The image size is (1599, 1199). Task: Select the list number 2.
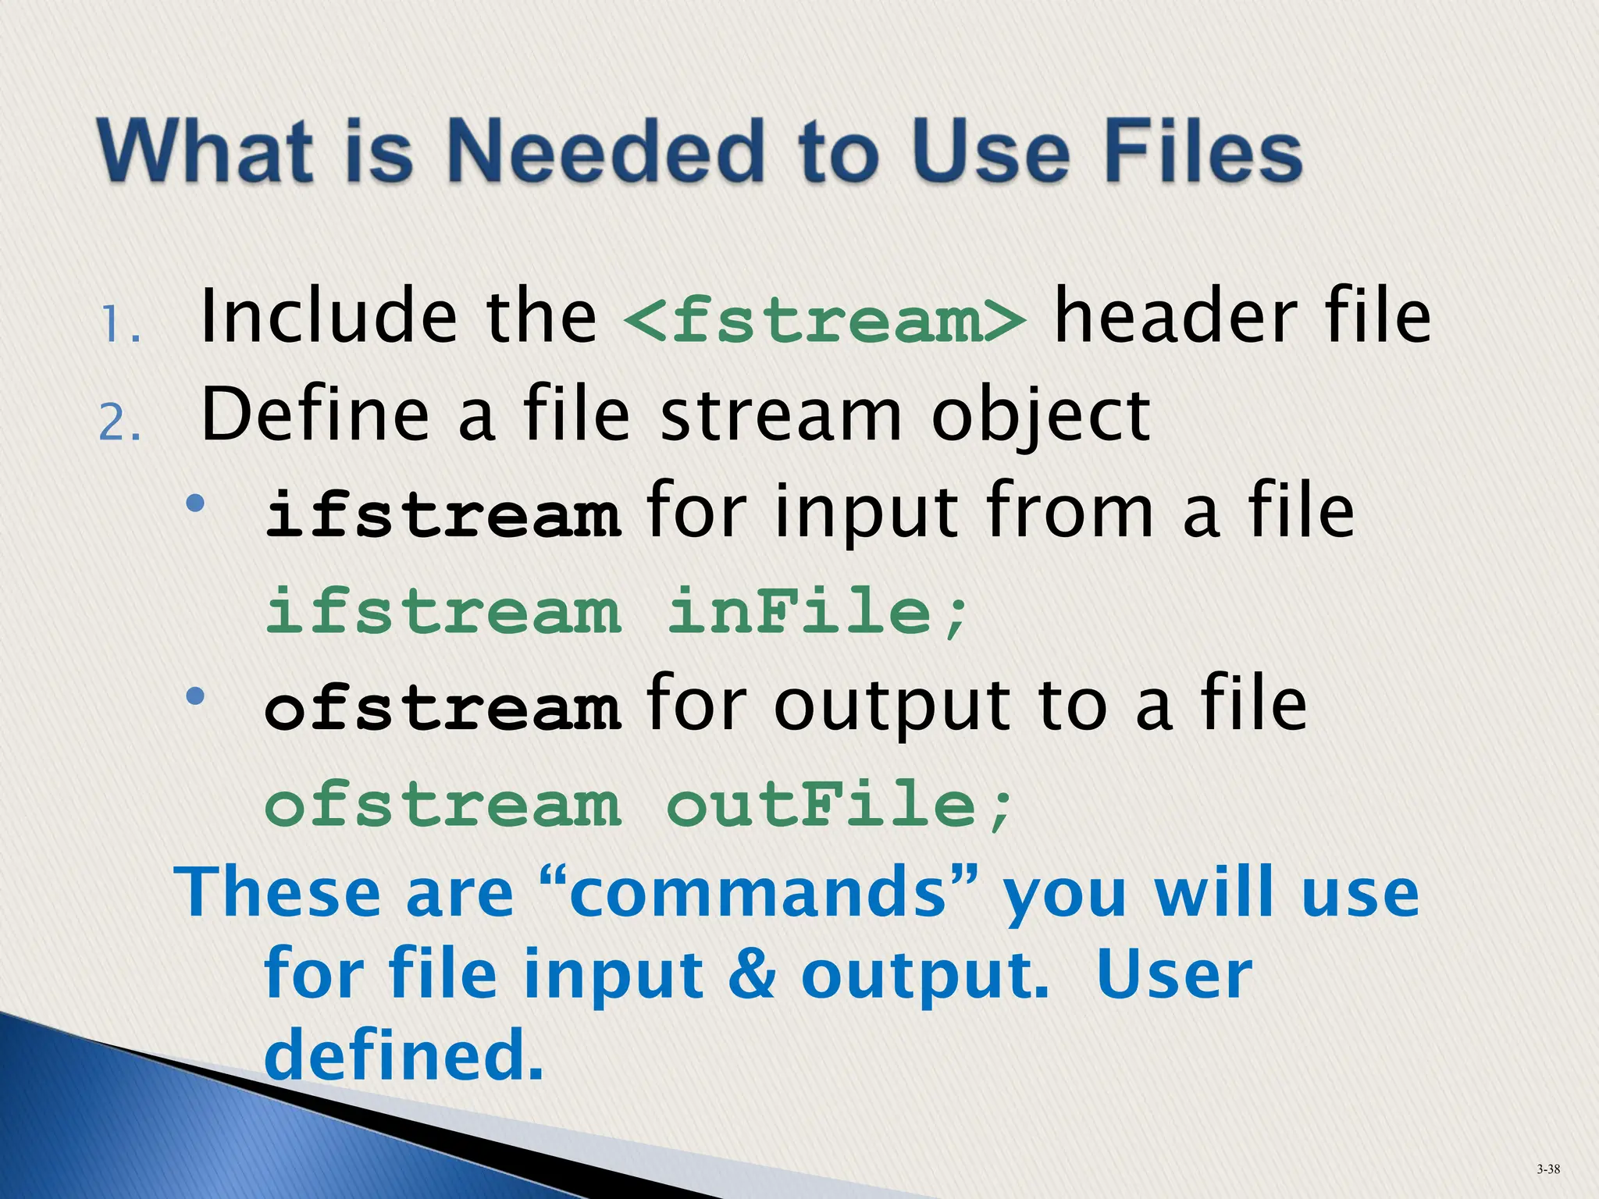point(119,425)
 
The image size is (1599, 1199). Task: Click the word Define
point(315,415)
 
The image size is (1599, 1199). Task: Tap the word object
point(1041,417)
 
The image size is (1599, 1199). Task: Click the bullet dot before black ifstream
point(195,503)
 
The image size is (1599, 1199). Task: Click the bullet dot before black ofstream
point(195,695)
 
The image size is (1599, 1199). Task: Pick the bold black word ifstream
point(443,515)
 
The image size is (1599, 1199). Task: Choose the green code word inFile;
point(817,611)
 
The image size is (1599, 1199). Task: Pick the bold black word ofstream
point(443,708)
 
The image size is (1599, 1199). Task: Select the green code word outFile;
point(839,805)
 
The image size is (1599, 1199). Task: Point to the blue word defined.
point(403,1054)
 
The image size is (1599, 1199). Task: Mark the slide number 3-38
point(1548,1169)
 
